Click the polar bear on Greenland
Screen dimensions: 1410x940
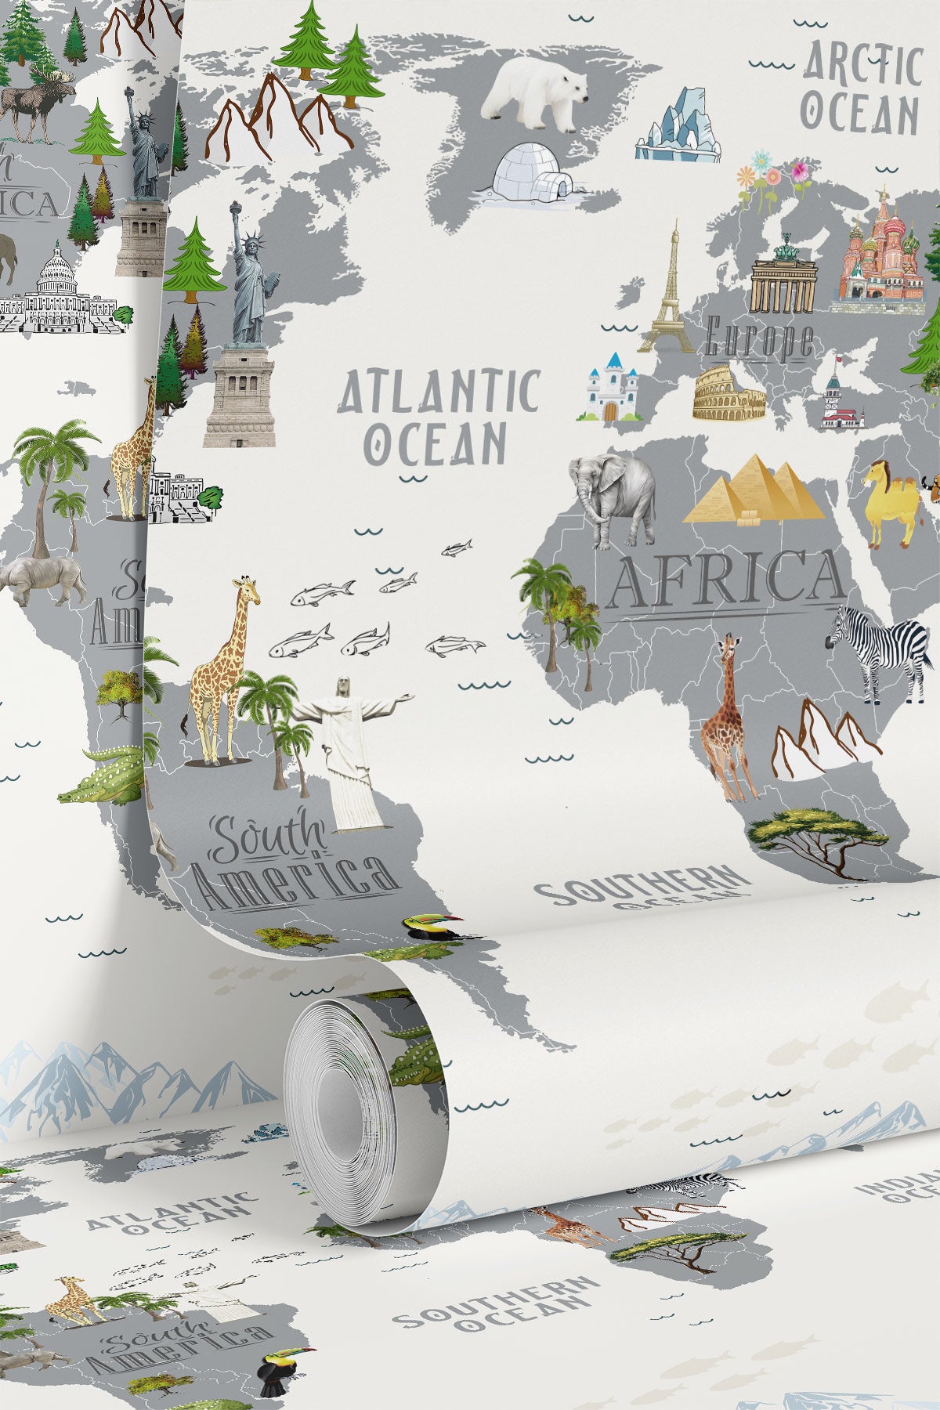pyautogui.click(x=536, y=94)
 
